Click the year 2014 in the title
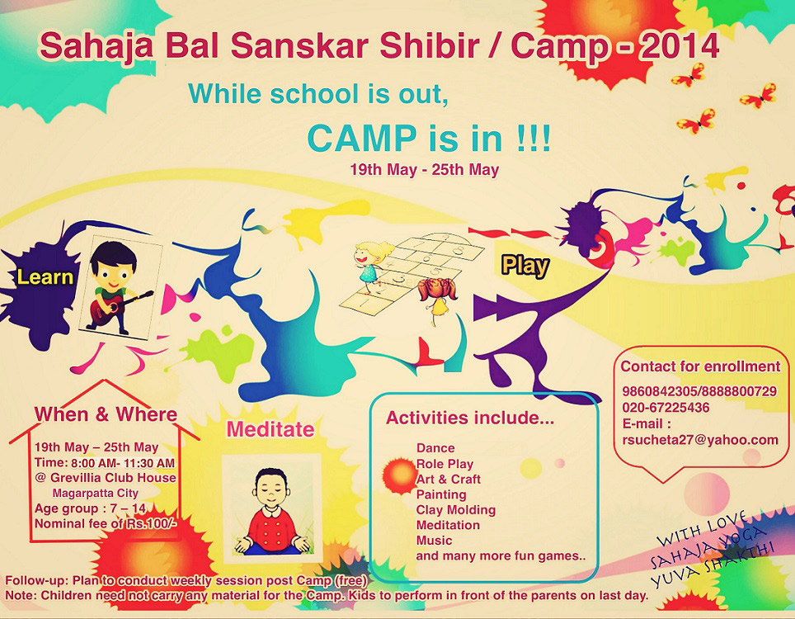coord(680,46)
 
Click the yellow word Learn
coord(45,277)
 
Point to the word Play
coord(525,266)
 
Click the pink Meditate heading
coord(270,429)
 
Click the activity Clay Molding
coord(456,510)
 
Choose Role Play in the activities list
coord(445,464)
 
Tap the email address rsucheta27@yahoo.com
coord(700,441)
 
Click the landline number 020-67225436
coord(666,408)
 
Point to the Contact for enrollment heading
coord(700,366)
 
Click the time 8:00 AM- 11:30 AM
coord(123,463)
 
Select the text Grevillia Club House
coord(113,478)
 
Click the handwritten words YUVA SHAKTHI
coord(713,565)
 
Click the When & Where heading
coord(106,414)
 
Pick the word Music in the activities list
coord(434,541)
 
